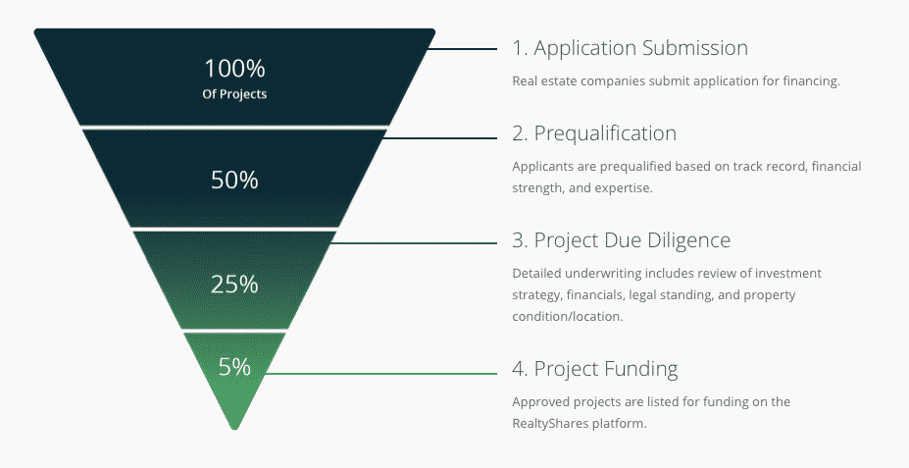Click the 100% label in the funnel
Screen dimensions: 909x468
[234, 69]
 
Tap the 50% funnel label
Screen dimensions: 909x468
[234, 180]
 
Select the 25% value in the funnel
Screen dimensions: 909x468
[234, 285]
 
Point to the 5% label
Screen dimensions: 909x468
[234, 367]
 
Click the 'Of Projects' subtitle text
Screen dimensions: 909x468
[234, 94]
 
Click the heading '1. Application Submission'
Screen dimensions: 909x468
[631, 48]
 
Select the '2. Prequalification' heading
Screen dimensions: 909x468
[594, 133]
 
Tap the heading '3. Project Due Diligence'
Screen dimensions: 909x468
[622, 240]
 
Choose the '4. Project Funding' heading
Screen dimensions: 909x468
[595, 369]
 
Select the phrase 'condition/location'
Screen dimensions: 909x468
[566, 317]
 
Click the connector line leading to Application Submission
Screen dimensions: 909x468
[462, 49]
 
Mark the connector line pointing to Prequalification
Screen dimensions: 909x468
[440, 138]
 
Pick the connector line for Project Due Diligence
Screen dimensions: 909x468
[414, 243]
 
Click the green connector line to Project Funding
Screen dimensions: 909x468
[380, 374]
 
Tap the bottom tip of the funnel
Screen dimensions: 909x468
[234, 429]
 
